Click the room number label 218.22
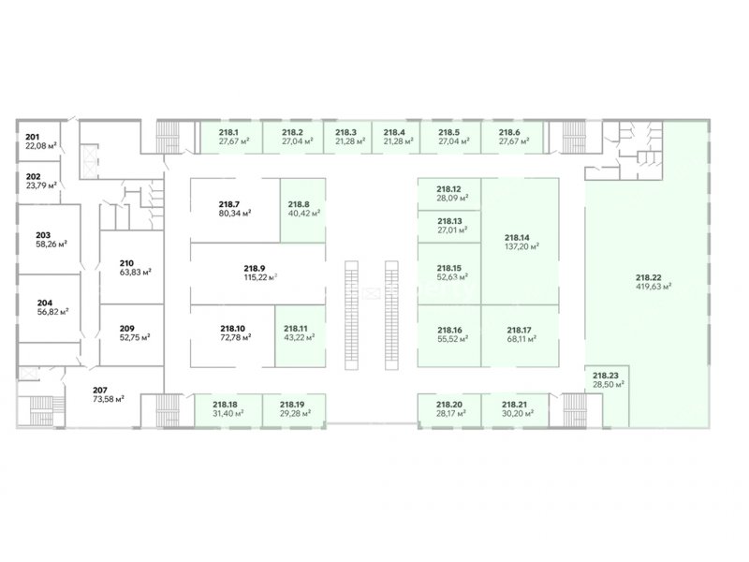click(x=648, y=277)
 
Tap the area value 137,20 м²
click(x=521, y=246)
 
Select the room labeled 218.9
click(x=258, y=274)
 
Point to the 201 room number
click(x=33, y=137)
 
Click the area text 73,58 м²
click(x=109, y=399)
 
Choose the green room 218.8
click(x=302, y=210)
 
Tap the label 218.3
click(x=345, y=132)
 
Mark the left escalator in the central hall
click(x=352, y=315)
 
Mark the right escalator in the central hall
click(x=391, y=315)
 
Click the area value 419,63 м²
click(x=654, y=287)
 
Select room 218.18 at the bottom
click(x=228, y=410)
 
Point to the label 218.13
click(x=449, y=221)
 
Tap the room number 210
click(x=126, y=263)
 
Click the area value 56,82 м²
click(x=53, y=312)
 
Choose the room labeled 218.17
click(x=520, y=336)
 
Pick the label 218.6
click(x=509, y=132)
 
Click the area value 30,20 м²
click(x=518, y=413)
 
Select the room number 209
click(x=126, y=329)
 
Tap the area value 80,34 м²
click(x=235, y=214)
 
